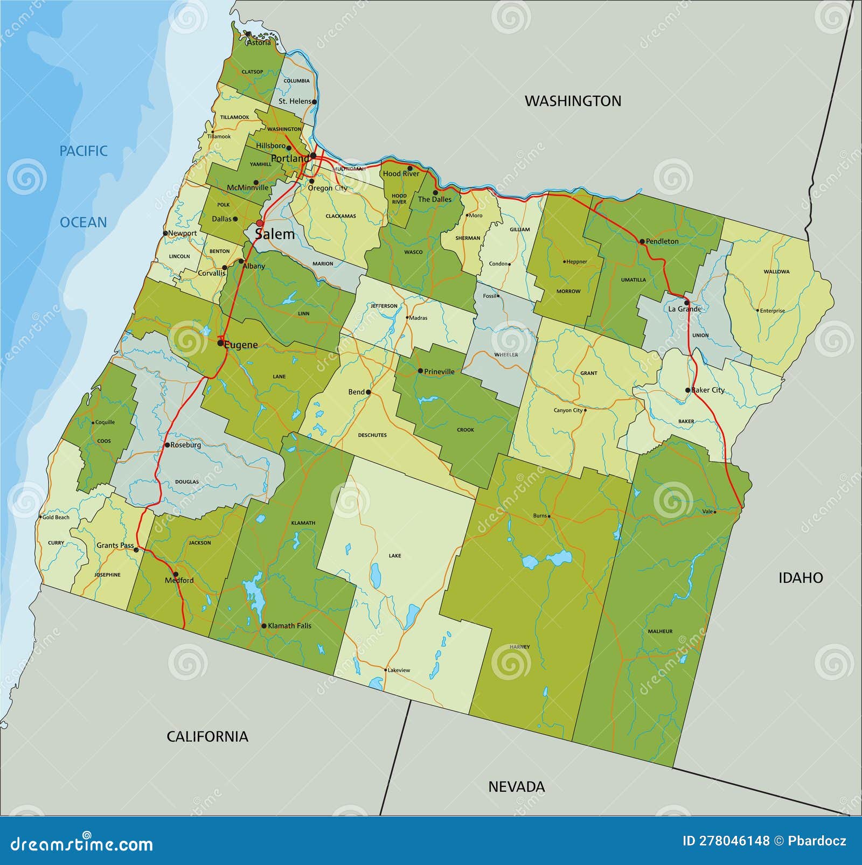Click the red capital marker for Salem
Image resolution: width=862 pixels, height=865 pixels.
pos(260,223)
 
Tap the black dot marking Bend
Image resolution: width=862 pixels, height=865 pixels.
pos(369,392)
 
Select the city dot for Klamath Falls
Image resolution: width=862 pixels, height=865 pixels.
pos(263,626)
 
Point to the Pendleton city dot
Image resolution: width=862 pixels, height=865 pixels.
pos(642,241)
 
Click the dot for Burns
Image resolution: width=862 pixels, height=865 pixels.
pos(549,516)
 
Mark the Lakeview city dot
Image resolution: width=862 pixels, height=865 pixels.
pos(386,670)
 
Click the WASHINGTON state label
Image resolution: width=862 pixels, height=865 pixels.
pos(573,101)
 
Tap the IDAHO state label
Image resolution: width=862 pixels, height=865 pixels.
pos(801,578)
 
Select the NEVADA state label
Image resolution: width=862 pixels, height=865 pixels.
pos(516,786)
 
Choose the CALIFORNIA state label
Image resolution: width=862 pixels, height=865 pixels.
pos(207,736)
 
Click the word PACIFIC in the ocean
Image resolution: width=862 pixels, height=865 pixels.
pos(84,151)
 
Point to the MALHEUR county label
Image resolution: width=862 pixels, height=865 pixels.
pos(660,631)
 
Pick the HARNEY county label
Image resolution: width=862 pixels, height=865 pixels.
pos(519,647)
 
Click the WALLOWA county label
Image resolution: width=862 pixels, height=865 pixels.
pos(776,271)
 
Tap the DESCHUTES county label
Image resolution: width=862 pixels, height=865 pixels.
pos(372,435)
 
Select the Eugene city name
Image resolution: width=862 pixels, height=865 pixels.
pos(241,345)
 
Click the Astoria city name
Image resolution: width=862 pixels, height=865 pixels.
pos(259,43)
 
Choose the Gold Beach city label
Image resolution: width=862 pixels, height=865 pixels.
pos(55,517)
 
